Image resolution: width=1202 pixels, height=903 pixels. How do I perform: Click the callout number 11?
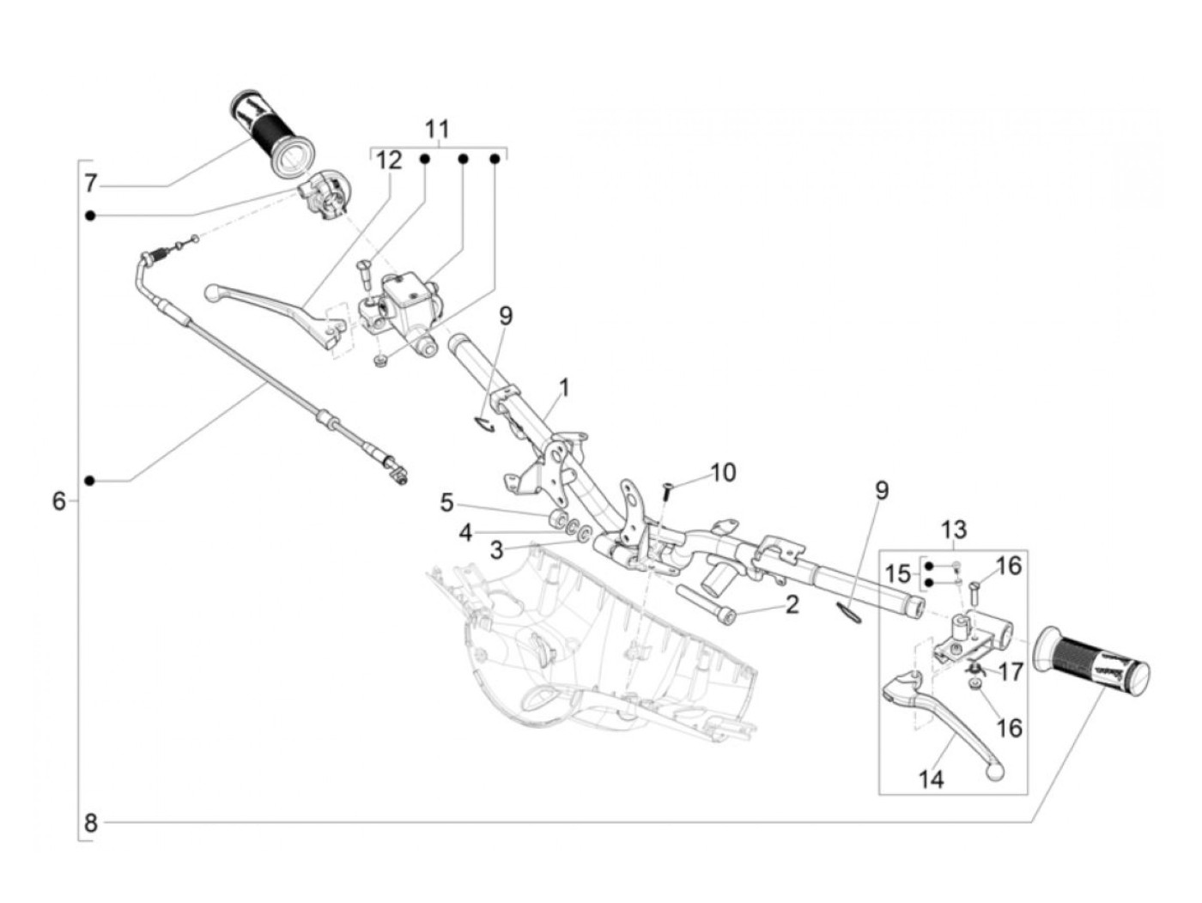(437, 130)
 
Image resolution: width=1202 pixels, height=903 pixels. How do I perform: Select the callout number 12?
(388, 160)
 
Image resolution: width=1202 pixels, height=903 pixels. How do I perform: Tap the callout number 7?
(91, 183)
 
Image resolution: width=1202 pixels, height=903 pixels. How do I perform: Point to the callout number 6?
(58, 500)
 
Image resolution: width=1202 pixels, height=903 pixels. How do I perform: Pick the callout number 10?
(724, 473)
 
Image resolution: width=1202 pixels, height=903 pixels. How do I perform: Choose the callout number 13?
(954, 529)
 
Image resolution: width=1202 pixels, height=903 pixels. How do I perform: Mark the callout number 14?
(931, 779)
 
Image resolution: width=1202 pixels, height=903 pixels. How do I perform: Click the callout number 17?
(1011, 671)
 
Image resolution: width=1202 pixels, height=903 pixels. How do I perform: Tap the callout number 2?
(792, 604)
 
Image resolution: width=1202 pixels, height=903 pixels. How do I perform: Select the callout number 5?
(446, 503)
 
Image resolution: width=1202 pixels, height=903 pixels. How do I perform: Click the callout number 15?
(897, 573)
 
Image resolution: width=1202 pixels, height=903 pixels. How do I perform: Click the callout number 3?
(496, 550)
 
